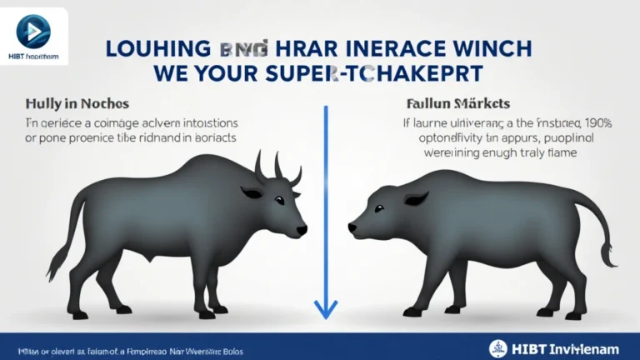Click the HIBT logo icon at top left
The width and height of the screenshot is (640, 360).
(x=33, y=31)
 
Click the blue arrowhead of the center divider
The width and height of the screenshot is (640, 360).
(x=326, y=309)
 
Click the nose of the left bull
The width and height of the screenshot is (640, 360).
(x=302, y=229)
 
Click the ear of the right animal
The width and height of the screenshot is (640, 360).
(x=415, y=199)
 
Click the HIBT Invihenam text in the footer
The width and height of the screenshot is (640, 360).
(x=567, y=347)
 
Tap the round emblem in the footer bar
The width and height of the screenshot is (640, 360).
(x=497, y=347)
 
